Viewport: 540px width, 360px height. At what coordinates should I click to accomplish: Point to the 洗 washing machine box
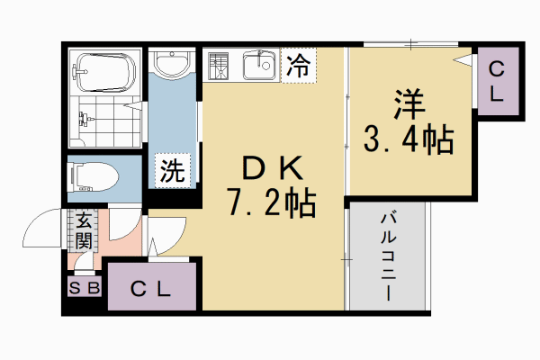click(x=171, y=170)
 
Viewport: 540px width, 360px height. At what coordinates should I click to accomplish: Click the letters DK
click(x=269, y=168)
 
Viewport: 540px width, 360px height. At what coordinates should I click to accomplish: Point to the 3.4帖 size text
click(x=407, y=140)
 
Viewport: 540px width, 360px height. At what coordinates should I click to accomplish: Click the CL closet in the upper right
click(x=496, y=82)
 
